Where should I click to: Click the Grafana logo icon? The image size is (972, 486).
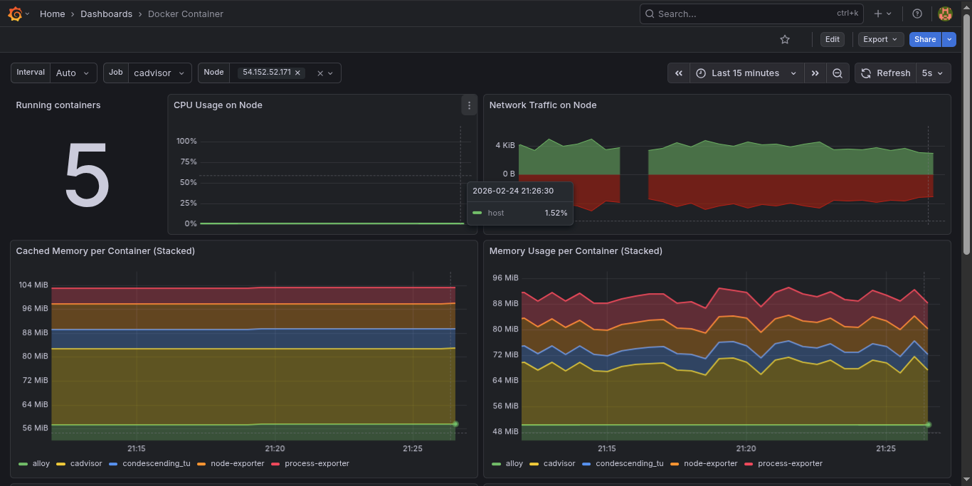tap(15, 14)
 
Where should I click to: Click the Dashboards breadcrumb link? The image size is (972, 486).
tap(106, 14)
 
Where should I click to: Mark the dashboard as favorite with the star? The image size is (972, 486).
tap(785, 40)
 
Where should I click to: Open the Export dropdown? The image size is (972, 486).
tap(880, 40)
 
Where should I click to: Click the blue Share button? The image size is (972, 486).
tap(924, 40)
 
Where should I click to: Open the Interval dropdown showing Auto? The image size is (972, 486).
tap(75, 73)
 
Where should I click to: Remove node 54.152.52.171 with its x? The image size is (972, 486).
tap(298, 73)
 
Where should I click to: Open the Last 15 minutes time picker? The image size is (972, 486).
tap(746, 73)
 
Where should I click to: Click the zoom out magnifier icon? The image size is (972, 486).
tap(838, 73)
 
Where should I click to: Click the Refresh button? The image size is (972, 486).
tap(885, 73)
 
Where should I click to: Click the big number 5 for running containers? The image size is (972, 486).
tap(87, 174)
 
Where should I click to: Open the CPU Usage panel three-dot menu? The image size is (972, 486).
tap(469, 105)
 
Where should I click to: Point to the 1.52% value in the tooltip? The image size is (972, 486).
tap(556, 213)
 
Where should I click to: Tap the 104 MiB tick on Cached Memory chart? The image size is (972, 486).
tap(33, 285)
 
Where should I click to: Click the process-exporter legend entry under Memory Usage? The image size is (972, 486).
tap(790, 463)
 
